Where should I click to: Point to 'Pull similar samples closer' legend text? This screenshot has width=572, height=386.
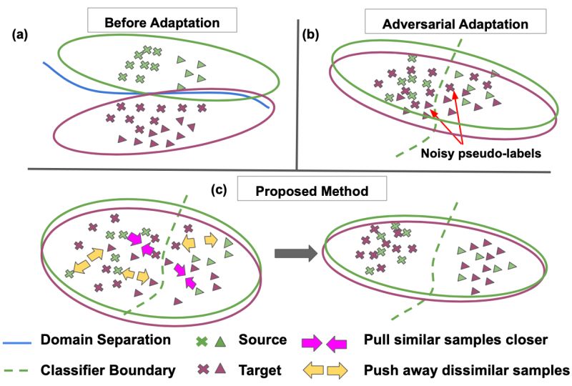coord(451,340)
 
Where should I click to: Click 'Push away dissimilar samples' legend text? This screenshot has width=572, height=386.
coord(466,370)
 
